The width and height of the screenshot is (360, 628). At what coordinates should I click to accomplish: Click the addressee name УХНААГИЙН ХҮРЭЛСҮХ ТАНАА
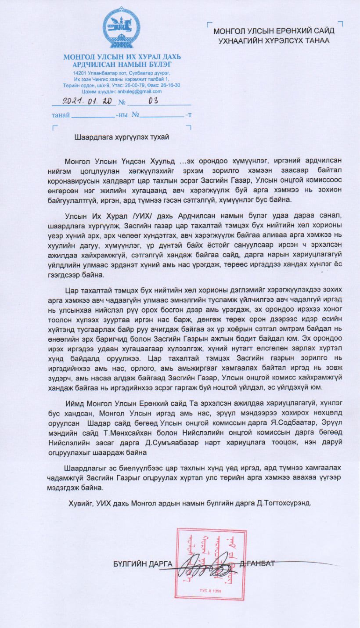(274, 40)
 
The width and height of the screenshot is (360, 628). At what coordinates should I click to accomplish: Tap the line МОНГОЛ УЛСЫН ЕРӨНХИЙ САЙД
(274, 31)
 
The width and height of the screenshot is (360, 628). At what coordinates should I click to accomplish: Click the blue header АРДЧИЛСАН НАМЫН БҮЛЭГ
(122, 65)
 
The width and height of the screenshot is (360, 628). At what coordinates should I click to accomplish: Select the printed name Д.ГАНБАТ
(259, 564)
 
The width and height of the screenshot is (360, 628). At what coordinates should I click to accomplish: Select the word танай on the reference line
(61, 115)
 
